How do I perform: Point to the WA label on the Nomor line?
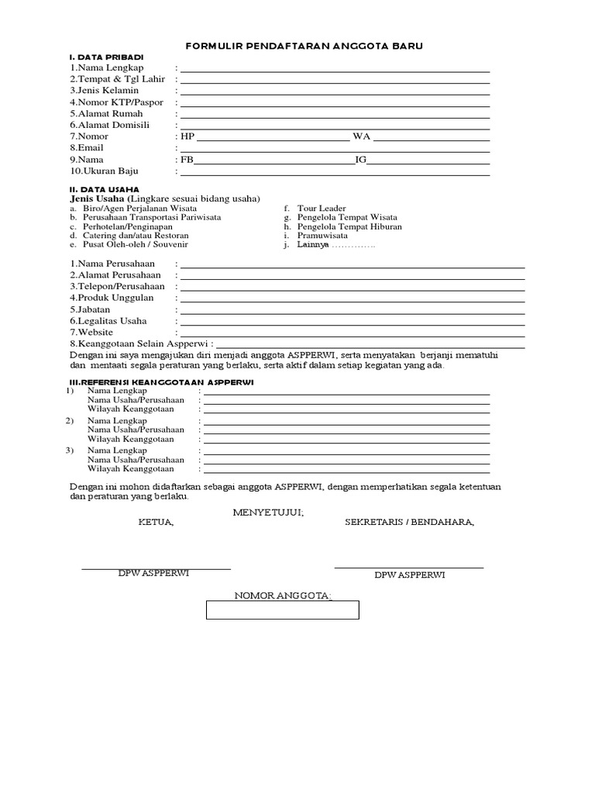[362, 136]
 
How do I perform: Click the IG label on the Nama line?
[360, 160]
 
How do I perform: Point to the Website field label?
[93, 332]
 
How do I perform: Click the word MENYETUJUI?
[268, 513]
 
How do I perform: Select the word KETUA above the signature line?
[156, 522]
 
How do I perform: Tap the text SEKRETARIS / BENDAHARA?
[409, 522]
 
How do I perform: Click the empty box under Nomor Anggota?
[282, 610]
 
